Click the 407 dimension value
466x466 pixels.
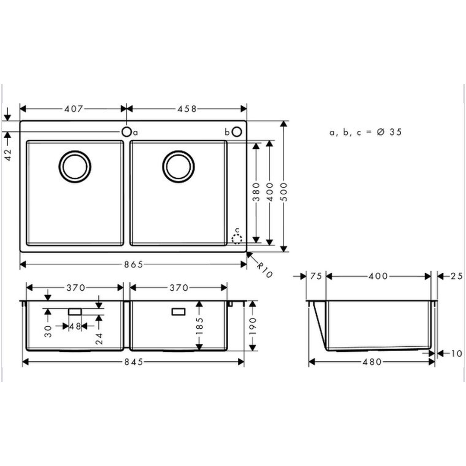click(74, 109)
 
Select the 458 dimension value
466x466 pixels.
click(187, 109)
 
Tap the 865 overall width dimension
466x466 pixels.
click(134, 264)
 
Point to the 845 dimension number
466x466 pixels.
click(134, 362)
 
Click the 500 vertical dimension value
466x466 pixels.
click(284, 192)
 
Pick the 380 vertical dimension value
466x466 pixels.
click(256, 192)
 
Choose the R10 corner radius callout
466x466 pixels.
click(264, 270)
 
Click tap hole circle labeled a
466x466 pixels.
click(126, 132)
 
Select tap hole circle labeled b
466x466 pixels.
click(237, 132)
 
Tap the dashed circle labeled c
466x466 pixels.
click(237, 239)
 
